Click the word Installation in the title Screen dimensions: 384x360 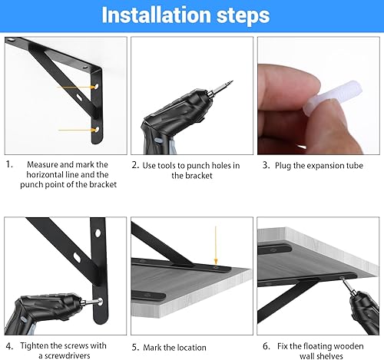[x=157, y=15]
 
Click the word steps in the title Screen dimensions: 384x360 [x=243, y=16]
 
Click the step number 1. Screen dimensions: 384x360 [x=9, y=164]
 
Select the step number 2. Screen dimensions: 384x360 [x=135, y=165]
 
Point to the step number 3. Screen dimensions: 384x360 [x=266, y=165]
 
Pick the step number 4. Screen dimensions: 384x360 [x=9, y=346]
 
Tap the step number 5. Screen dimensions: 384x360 [x=135, y=348]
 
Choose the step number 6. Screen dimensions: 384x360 [x=266, y=346]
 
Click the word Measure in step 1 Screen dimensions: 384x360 [x=43, y=164]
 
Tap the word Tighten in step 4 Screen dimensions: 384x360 [x=34, y=346]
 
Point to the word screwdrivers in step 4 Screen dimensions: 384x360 [x=68, y=356]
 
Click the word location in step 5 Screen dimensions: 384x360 [x=190, y=348]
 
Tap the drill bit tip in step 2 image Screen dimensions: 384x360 [x=232, y=81]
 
